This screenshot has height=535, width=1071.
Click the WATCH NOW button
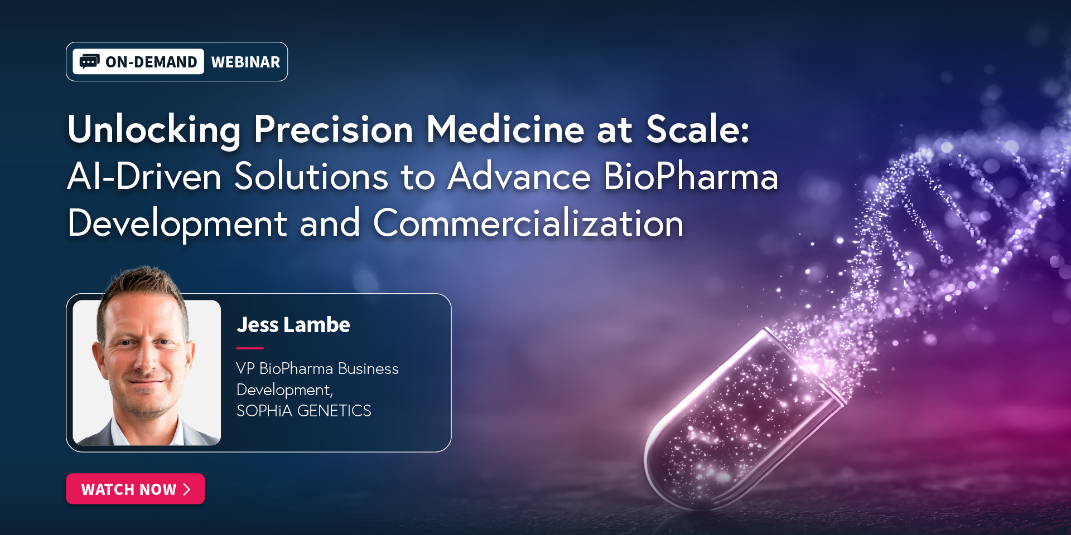click(136, 489)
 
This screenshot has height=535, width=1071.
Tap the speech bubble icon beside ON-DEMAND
click(89, 61)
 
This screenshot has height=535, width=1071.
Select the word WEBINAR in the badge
click(245, 62)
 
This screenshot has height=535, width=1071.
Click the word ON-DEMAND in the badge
click(151, 62)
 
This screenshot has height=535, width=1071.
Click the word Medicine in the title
click(505, 129)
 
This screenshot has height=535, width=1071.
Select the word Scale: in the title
click(698, 129)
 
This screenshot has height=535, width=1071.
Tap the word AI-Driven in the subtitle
click(144, 177)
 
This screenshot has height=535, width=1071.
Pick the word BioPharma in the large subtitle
click(691, 177)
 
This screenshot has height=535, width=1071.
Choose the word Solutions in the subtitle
click(311, 177)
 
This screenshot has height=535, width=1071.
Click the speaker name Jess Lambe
click(293, 324)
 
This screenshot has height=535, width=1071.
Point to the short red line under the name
click(250, 348)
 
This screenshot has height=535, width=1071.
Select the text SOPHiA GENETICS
click(304, 411)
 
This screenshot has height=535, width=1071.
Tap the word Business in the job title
click(368, 368)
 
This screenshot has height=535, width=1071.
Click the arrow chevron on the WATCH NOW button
click(187, 489)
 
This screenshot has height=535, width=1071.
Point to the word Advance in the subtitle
click(519, 177)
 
